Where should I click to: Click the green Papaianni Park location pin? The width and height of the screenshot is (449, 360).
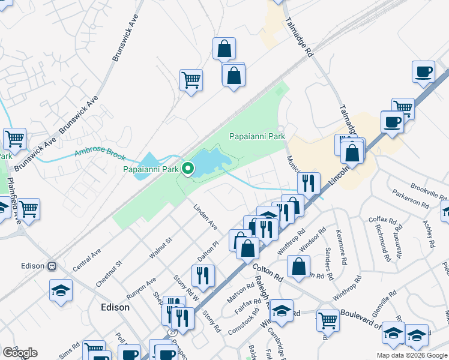(x=188, y=170)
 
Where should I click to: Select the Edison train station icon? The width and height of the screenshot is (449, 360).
(x=52, y=266)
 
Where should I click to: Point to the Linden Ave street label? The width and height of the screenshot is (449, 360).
(x=205, y=217)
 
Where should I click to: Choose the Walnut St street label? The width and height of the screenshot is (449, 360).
(x=160, y=248)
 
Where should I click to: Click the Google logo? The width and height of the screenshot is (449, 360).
(x=20, y=352)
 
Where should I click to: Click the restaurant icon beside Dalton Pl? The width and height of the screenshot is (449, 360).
(x=203, y=275)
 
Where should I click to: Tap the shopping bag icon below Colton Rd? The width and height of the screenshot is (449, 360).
(x=298, y=267)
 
